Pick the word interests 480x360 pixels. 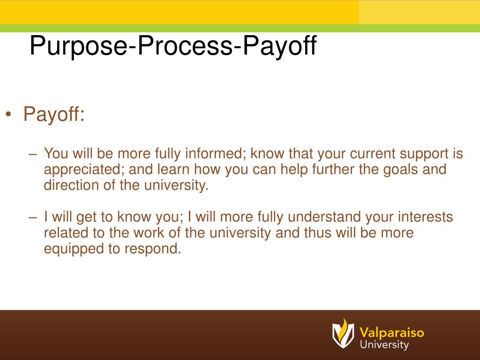click(425, 217)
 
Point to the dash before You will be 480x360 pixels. click(32, 154)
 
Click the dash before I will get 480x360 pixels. click(32, 217)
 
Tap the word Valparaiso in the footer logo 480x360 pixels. click(392, 333)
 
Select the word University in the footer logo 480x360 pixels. click(384, 345)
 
